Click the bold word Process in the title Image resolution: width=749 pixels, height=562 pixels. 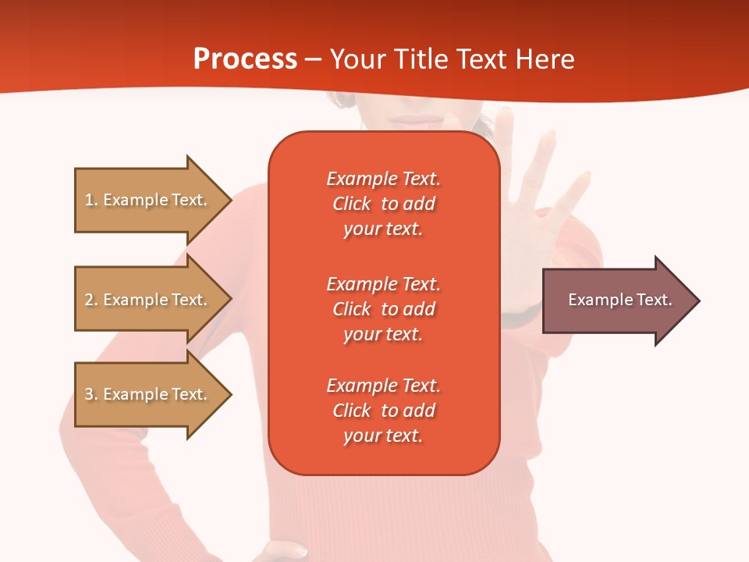pos(245,59)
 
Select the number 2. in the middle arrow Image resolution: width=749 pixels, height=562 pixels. pos(91,300)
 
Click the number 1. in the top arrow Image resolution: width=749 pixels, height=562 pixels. pos(91,200)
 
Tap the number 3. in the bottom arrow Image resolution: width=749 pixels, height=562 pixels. pos(91,394)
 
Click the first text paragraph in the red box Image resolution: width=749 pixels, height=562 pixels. pos(383,204)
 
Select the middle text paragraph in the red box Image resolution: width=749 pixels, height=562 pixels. pos(383,309)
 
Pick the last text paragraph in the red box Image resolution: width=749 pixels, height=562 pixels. pos(383,411)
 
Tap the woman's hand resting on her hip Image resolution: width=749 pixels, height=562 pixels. pos(285,550)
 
